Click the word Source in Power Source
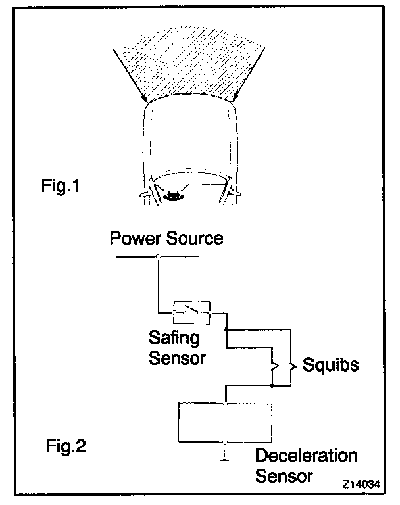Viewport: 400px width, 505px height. click(x=192, y=238)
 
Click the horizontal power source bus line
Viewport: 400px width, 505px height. click(x=156, y=256)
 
